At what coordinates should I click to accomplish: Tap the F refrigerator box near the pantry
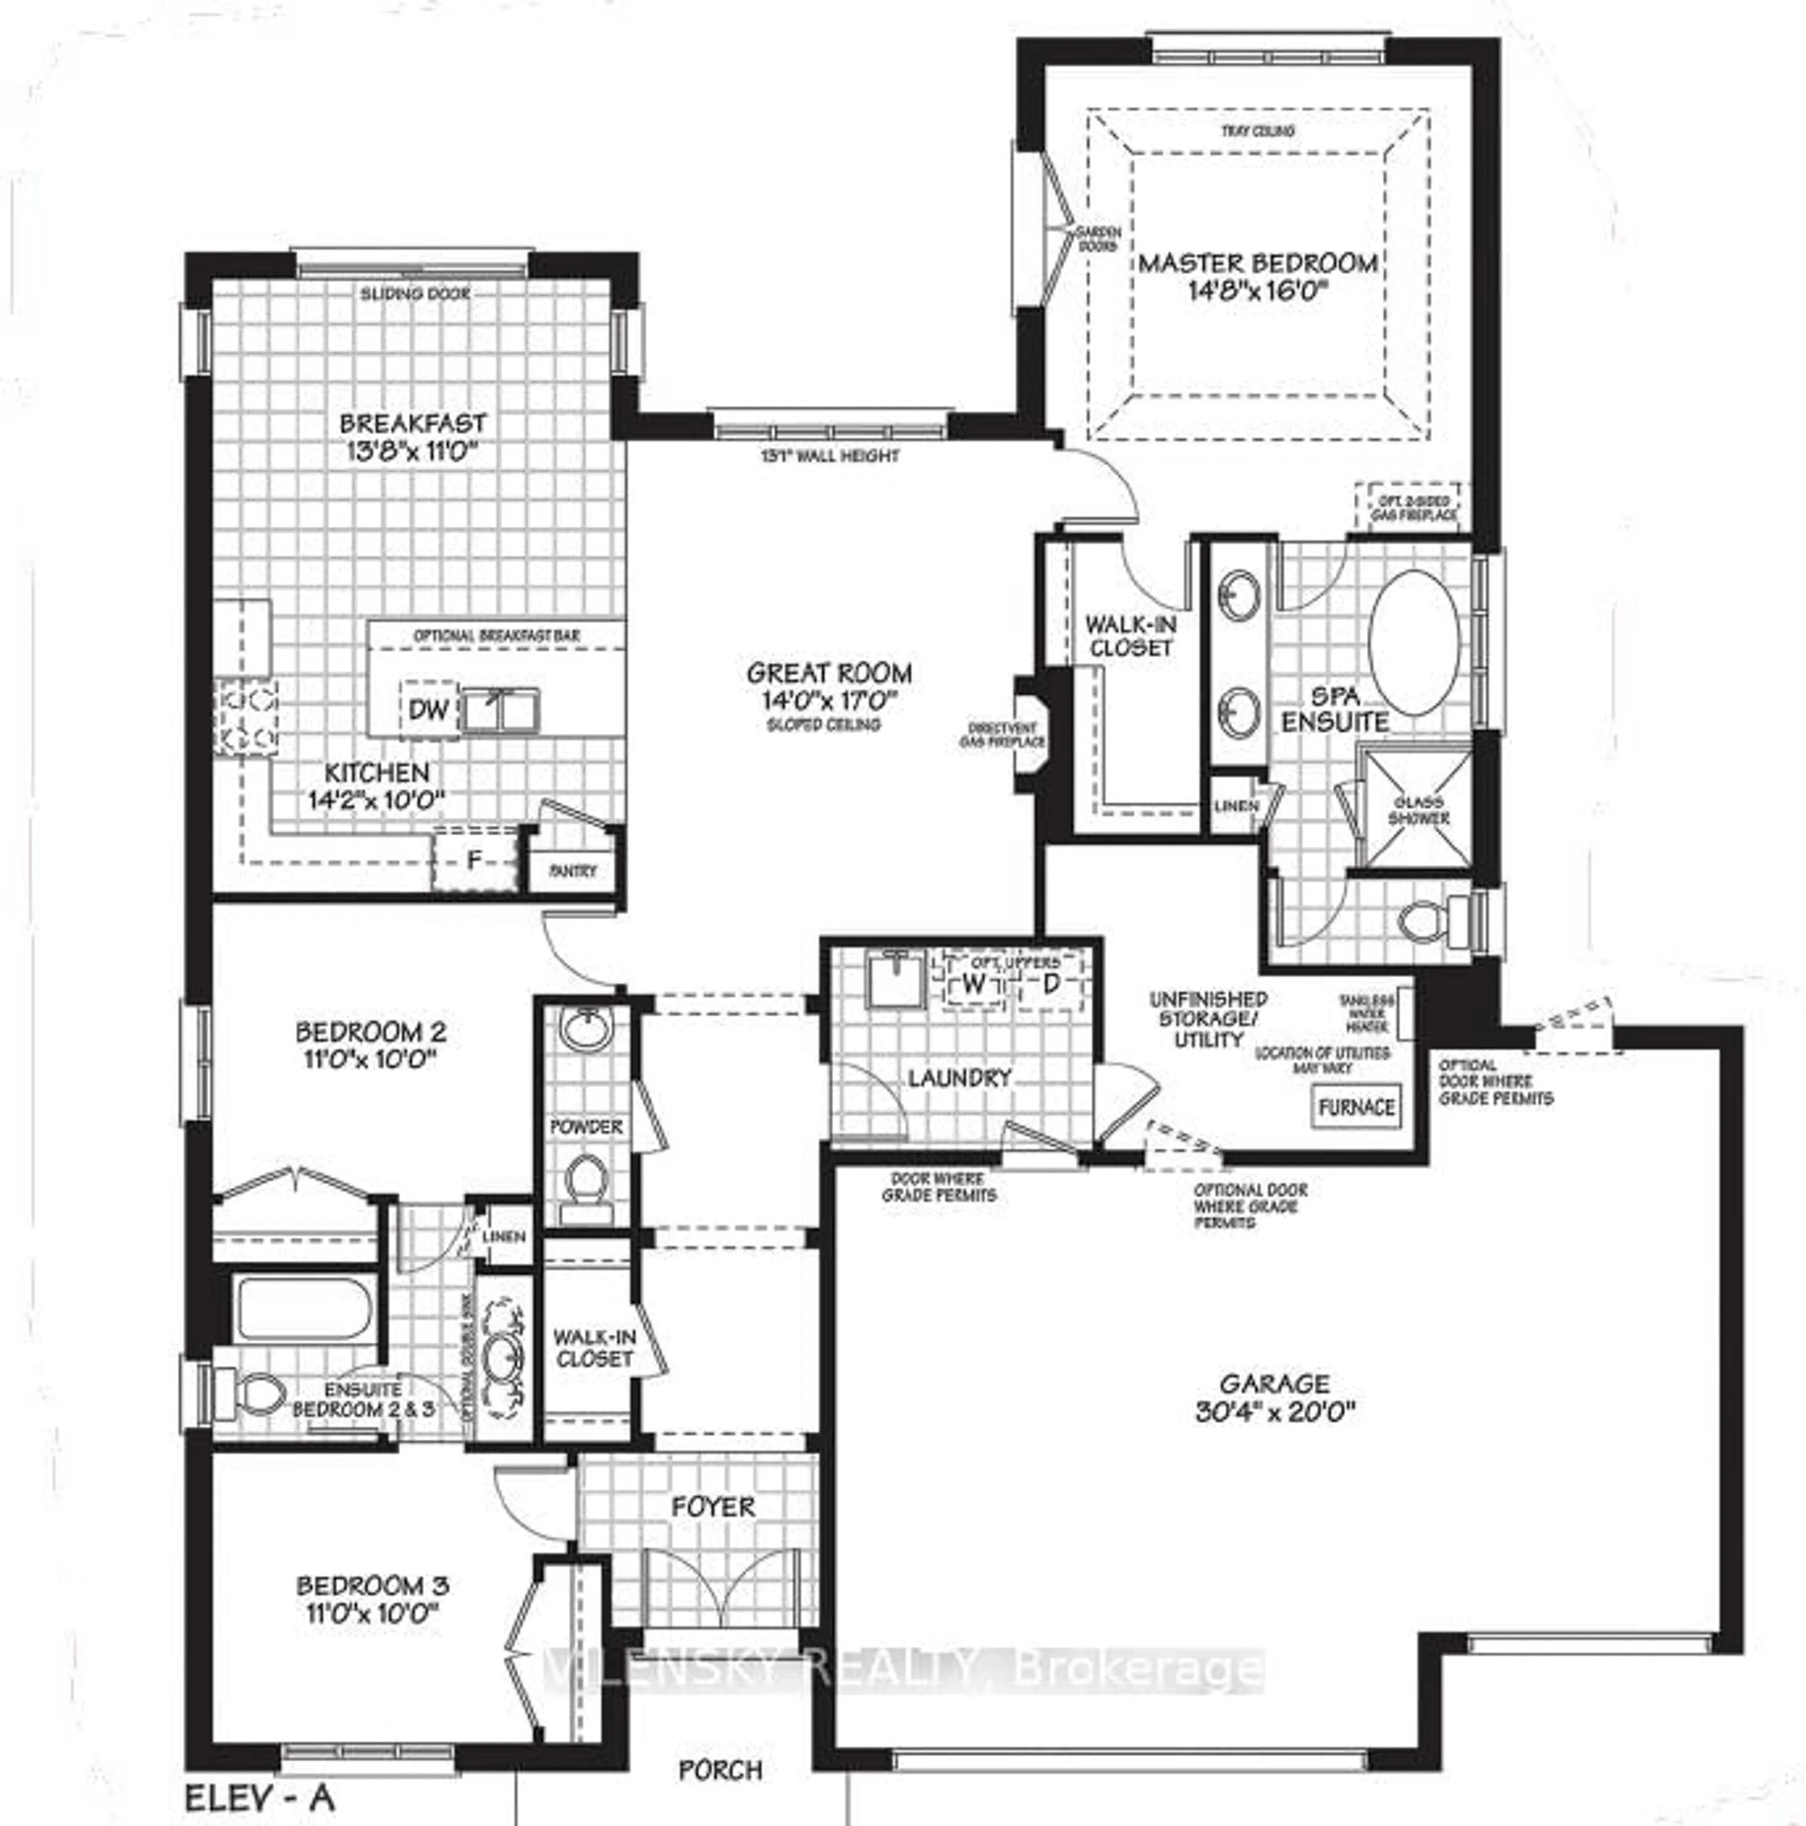[475, 860]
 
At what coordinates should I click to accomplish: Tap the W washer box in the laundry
[973, 983]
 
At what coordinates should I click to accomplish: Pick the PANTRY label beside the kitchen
[573, 870]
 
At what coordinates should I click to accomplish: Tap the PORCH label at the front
[721, 1769]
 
